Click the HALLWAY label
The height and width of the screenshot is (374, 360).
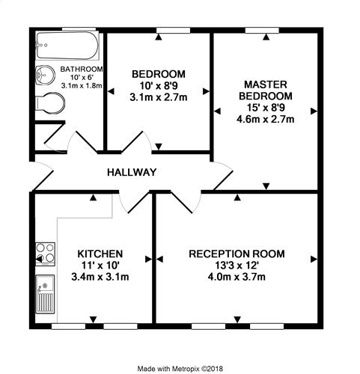(x=132, y=172)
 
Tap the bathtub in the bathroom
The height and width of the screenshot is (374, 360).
(x=67, y=46)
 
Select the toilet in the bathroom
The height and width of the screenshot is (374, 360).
(x=51, y=103)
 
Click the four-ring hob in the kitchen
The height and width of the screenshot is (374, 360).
(x=45, y=254)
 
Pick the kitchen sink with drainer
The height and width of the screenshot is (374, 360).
(x=45, y=294)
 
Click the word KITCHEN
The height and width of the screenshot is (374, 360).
(x=100, y=254)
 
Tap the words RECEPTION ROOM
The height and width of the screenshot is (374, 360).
(x=237, y=254)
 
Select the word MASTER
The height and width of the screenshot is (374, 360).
(x=266, y=85)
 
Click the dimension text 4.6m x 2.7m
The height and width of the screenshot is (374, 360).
(x=266, y=119)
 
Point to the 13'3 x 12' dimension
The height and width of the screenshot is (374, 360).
(x=237, y=266)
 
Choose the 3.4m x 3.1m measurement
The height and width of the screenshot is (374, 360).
(x=100, y=277)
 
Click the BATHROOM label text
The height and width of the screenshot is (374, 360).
(x=82, y=69)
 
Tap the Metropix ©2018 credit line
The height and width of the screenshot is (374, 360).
(x=180, y=369)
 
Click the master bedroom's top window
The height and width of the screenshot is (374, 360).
(x=262, y=31)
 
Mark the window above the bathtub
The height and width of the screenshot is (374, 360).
(x=79, y=29)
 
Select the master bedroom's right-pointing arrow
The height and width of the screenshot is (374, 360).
(x=314, y=111)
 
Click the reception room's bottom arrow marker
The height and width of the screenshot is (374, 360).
(x=237, y=319)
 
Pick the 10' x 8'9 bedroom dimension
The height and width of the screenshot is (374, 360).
(x=159, y=86)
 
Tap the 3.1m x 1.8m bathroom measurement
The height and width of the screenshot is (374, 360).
(x=82, y=85)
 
